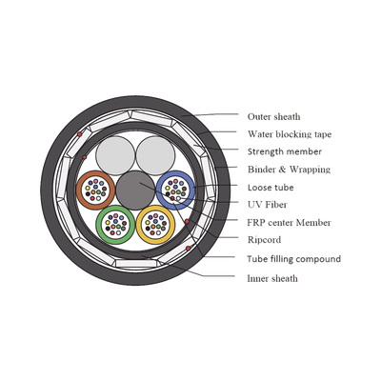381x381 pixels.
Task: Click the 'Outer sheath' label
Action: [273, 116]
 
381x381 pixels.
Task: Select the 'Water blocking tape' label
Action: [290, 134]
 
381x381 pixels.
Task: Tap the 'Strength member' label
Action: [285, 151]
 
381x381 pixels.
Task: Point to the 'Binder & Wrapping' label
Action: [289, 170]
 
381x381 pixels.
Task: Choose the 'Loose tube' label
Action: [271, 188]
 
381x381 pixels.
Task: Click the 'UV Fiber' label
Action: [268, 205]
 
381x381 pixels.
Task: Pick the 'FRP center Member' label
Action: [289, 222]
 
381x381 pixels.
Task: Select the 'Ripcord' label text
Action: [264, 240]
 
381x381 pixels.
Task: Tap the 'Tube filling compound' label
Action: [293, 259]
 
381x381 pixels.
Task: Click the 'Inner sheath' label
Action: [272, 278]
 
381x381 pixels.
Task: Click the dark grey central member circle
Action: [135, 190]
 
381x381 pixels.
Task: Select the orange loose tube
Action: [78, 190]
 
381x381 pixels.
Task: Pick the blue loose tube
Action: [192, 190]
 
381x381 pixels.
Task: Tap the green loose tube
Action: [98, 225]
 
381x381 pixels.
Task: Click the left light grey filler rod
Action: [115, 155]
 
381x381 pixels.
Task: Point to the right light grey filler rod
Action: [155, 155]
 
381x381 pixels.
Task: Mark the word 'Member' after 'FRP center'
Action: [313, 222]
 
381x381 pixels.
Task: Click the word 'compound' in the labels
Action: [319, 259]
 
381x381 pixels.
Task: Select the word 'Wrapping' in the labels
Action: [310, 170]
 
